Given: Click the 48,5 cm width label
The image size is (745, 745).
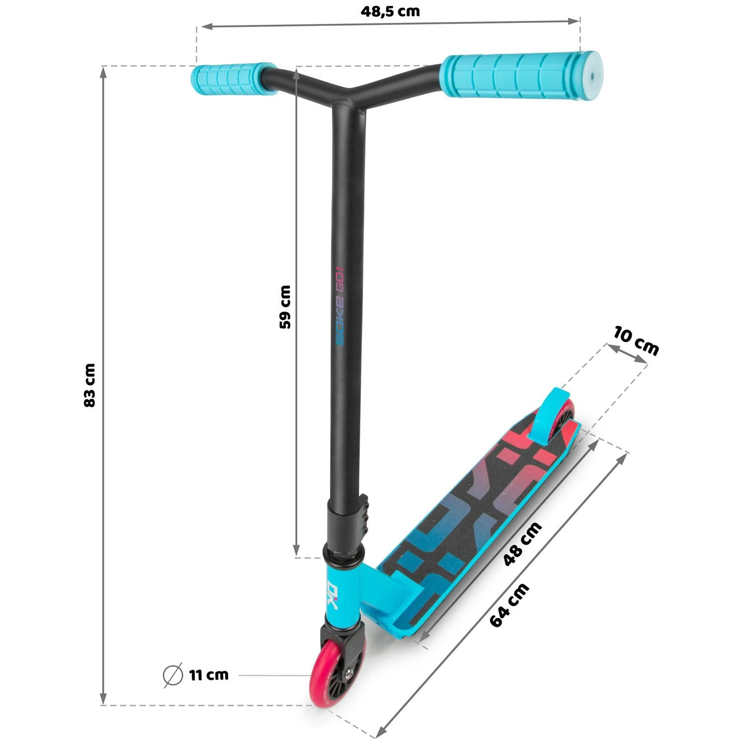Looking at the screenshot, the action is point(390,11).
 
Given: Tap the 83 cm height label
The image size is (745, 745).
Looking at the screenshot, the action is point(90,385).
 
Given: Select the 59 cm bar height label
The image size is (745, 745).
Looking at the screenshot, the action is point(286,306).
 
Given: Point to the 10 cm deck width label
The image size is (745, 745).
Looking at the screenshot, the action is point(636,341).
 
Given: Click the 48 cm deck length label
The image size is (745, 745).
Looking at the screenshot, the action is point(522,544).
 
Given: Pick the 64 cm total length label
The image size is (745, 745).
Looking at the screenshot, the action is point(510,604).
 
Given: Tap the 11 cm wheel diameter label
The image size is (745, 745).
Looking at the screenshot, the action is point(209,675).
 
